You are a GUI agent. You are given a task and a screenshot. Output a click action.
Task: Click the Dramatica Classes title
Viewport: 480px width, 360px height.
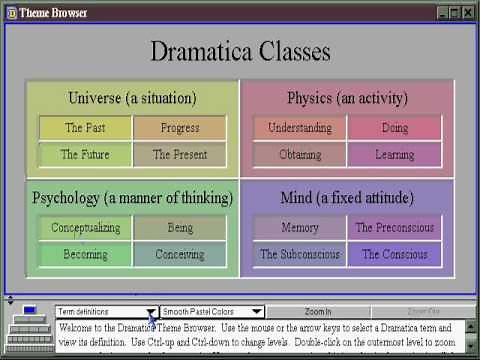pos(240,52)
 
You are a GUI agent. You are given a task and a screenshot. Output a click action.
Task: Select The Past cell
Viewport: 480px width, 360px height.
pos(85,128)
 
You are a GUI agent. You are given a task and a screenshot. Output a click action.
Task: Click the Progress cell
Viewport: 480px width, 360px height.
pos(180,128)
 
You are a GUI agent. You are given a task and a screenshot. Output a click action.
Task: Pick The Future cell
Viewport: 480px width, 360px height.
pos(85,155)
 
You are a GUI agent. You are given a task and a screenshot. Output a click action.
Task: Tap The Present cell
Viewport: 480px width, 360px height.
pos(180,155)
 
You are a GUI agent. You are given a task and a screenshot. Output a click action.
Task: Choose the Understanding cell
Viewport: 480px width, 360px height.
pos(300,128)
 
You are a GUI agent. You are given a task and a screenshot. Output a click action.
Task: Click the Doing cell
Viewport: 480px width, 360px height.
pos(394,128)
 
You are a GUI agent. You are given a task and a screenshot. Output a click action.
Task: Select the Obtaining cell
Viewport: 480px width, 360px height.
pos(300,155)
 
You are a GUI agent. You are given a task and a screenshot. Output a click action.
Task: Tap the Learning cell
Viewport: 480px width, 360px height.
pos(394,155)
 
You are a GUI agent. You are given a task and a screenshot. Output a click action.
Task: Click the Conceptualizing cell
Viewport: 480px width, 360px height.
pos(85,228)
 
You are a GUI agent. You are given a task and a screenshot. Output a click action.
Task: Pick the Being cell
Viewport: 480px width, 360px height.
pos(180,228)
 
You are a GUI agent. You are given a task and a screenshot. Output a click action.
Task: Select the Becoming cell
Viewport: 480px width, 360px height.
pos(85,255)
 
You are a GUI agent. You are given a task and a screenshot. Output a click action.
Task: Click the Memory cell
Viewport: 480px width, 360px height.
pos(300,228)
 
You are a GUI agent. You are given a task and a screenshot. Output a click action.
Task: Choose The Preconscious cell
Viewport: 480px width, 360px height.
pos(394,228)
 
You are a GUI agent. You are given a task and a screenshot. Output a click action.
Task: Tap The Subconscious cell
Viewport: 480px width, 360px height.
pos(300,255)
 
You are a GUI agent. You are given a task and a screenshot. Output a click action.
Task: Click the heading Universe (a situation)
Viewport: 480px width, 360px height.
pos(132,98)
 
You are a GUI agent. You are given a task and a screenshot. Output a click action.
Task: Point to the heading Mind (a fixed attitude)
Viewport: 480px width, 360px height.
pos(347,197)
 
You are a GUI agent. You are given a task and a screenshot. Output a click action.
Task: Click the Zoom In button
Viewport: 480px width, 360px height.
pos(317,312)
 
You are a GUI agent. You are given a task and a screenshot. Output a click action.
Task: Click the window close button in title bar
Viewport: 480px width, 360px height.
pos(468,12)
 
